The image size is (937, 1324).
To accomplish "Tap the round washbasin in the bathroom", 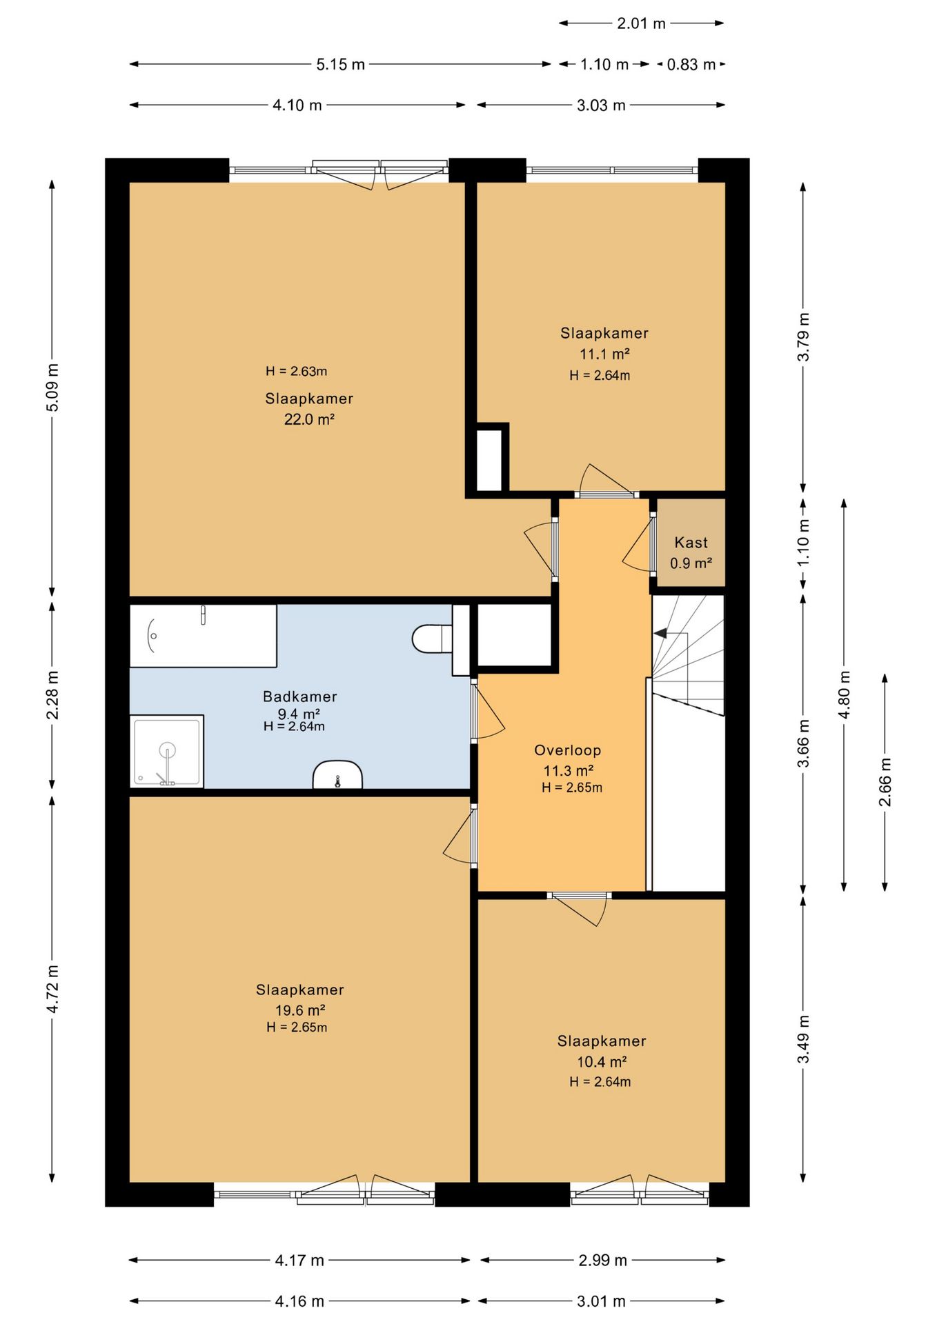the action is click(x=337, y=775).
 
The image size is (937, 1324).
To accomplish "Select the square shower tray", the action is click(x=167, y=751).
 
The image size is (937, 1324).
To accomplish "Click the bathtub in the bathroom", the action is click(x=204, y=636).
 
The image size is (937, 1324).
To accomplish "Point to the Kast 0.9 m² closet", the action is click(x=691, y=543).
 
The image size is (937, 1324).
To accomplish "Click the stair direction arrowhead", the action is click(x=660, y=632).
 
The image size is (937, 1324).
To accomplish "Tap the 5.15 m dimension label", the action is click(x=340, y=64).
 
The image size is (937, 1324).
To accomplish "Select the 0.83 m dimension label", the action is click(x=691, y=64).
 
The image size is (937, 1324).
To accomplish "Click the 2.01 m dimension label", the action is click(x=641, y=23).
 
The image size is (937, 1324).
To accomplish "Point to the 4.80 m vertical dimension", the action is click(x=844, y=694).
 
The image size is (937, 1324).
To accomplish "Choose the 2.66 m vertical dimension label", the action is click(x=885, y=782).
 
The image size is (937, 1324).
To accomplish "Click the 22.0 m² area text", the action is click(x=309, y=419).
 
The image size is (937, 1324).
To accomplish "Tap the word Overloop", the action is click(x=567, y=750).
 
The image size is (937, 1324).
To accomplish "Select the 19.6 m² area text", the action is click(x=300, y=1010).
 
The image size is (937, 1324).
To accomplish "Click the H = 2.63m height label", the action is click(x=297, y=371).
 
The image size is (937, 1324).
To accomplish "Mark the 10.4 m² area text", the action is click(x=602, y=1062).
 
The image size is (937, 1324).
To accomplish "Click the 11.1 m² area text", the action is click(x=604, y=354).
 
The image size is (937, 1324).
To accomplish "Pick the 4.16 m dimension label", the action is click(x=299, y=1301).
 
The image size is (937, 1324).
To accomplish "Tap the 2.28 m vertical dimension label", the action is click(x=52, y=694).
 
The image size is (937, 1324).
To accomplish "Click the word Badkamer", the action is click(x=300, y=696).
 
